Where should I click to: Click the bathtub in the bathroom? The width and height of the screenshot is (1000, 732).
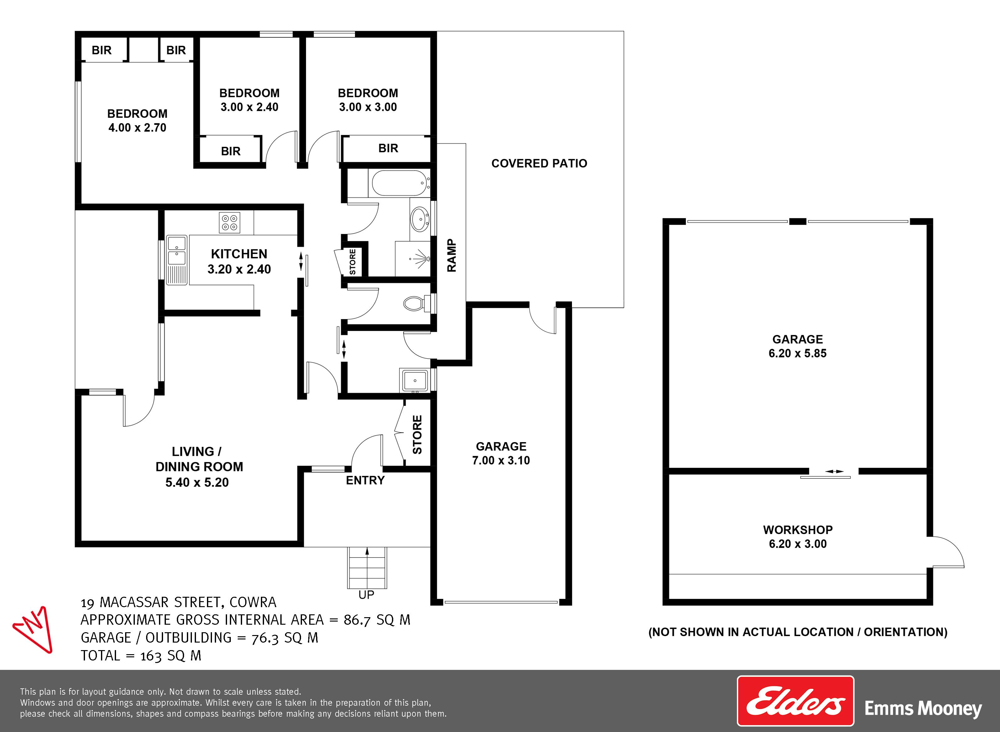[x=399, y=184]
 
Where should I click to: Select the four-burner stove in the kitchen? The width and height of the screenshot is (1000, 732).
[x=230, y=223]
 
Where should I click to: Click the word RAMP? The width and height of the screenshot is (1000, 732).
[x=451, y=256]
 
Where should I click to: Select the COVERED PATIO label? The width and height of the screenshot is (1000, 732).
[x=539, y=163]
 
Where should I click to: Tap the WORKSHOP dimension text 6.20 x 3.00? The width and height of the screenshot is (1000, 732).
[x=798, y=544]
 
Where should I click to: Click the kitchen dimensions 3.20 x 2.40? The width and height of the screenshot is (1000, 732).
[x=239, y=269]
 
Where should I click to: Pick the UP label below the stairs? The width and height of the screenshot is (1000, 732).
[x=366, y=595]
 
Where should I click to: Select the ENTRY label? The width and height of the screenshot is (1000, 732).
[x=365, y=480]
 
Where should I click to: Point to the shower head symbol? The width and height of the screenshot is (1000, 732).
[x=421, y=259]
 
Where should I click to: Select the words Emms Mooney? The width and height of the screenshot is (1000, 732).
[x=923, y=708]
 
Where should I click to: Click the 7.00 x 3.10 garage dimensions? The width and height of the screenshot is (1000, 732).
[x=501, y=460]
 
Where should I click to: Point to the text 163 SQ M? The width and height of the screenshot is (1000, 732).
[x=171, y=655]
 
